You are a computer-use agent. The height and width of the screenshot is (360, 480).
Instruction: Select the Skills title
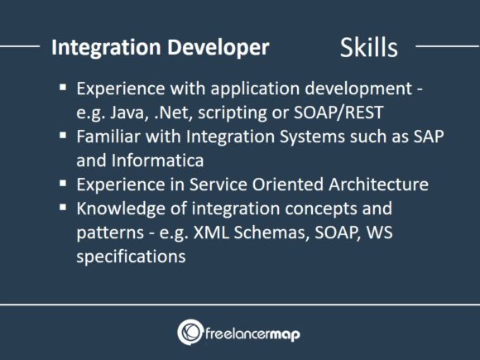(x=368, y=48)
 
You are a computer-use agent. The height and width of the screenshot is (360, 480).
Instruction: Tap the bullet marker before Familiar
(x=65, y=137)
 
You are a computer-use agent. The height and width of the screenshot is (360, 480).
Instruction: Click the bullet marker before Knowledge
(x=65, y=207)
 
